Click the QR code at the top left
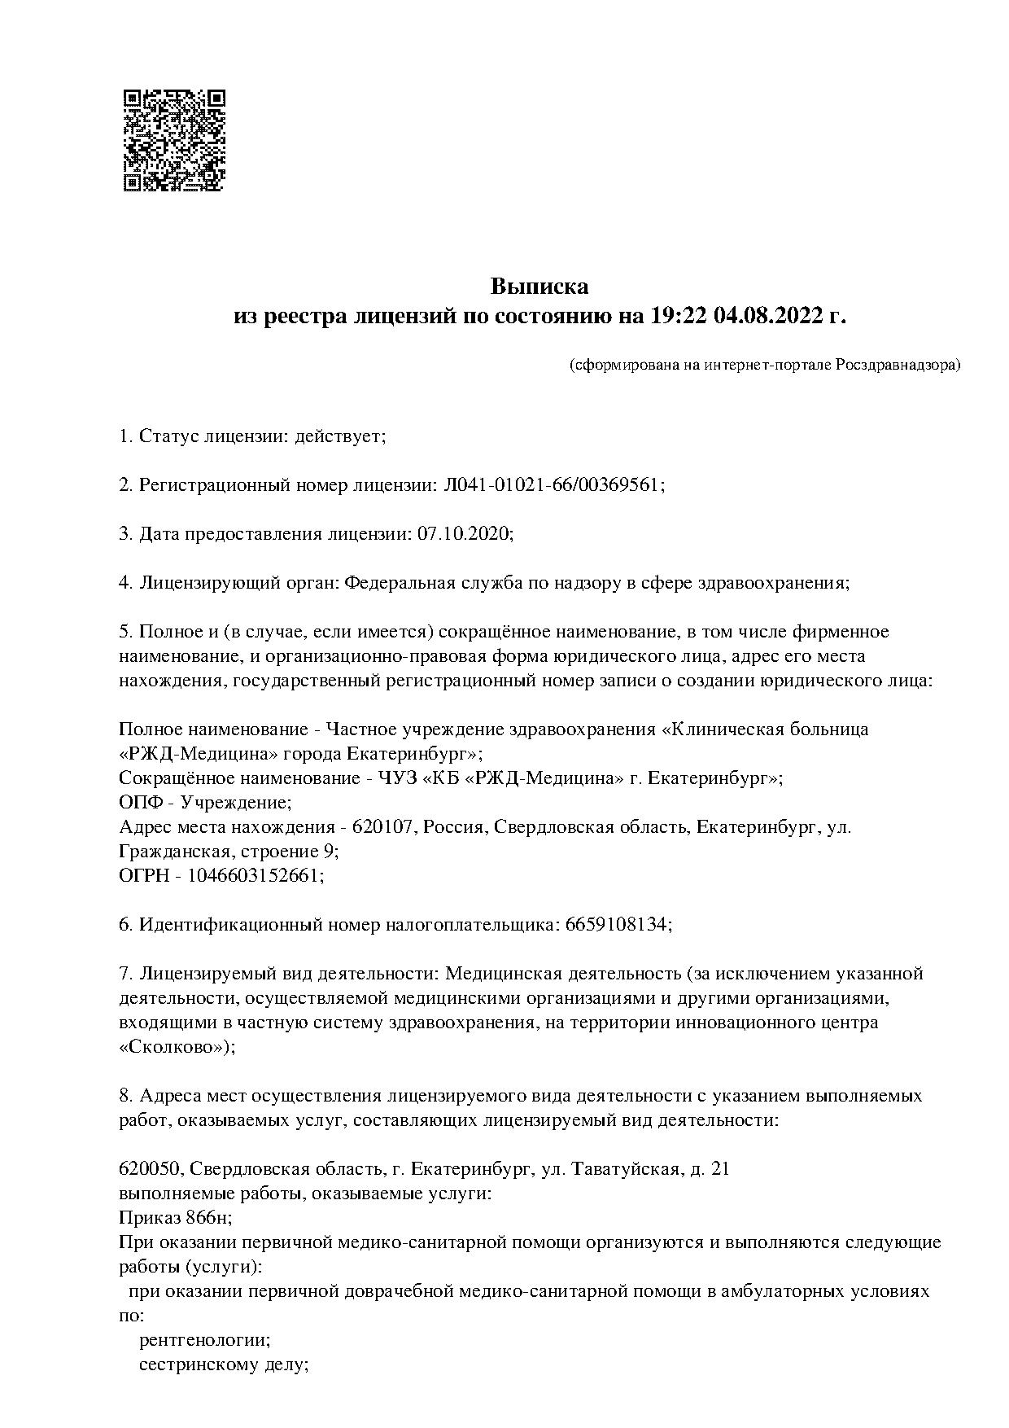tap(173, 140)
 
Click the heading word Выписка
tap(539, 287)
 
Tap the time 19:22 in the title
tap(679, 316)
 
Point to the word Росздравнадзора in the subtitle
tap(897, 365)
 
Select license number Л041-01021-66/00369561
tap(552, 485)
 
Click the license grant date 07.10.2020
tap(464, 534)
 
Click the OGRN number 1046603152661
tap(255, 875)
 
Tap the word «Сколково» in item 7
tap(174, 1047)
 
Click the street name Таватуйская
tap(626, 1169)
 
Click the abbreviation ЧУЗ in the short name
tap(399, 778)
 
